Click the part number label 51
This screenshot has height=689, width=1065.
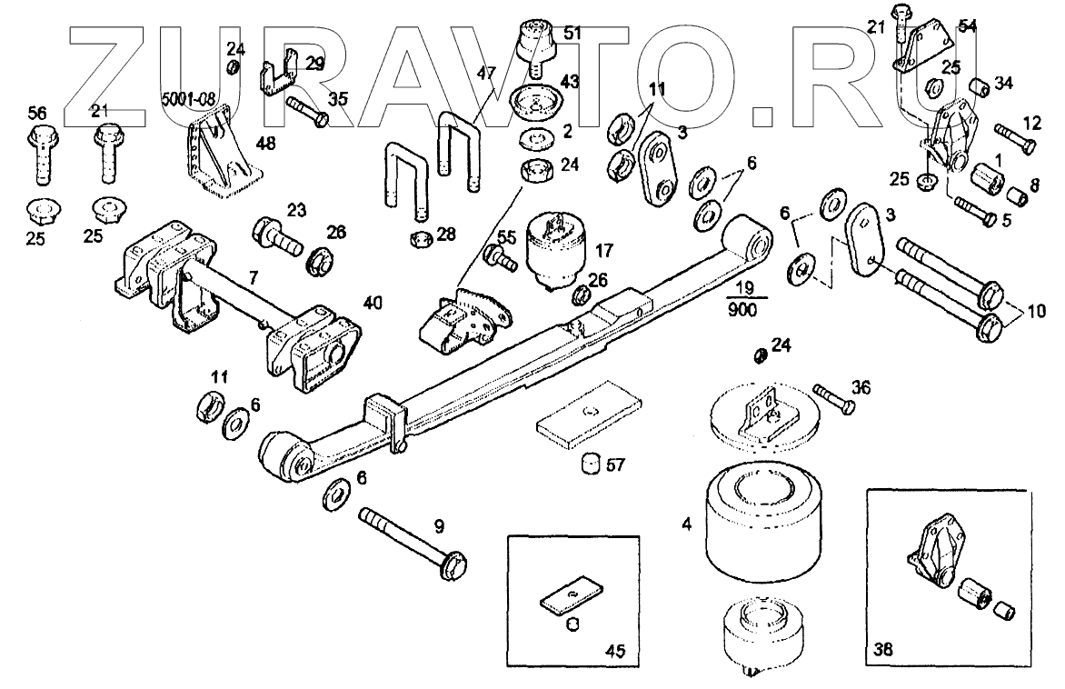click(x=572, y=33)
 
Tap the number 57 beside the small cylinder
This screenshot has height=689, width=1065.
click(x=616, y=465)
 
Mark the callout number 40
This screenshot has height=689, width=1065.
click(x=373, y=302)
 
